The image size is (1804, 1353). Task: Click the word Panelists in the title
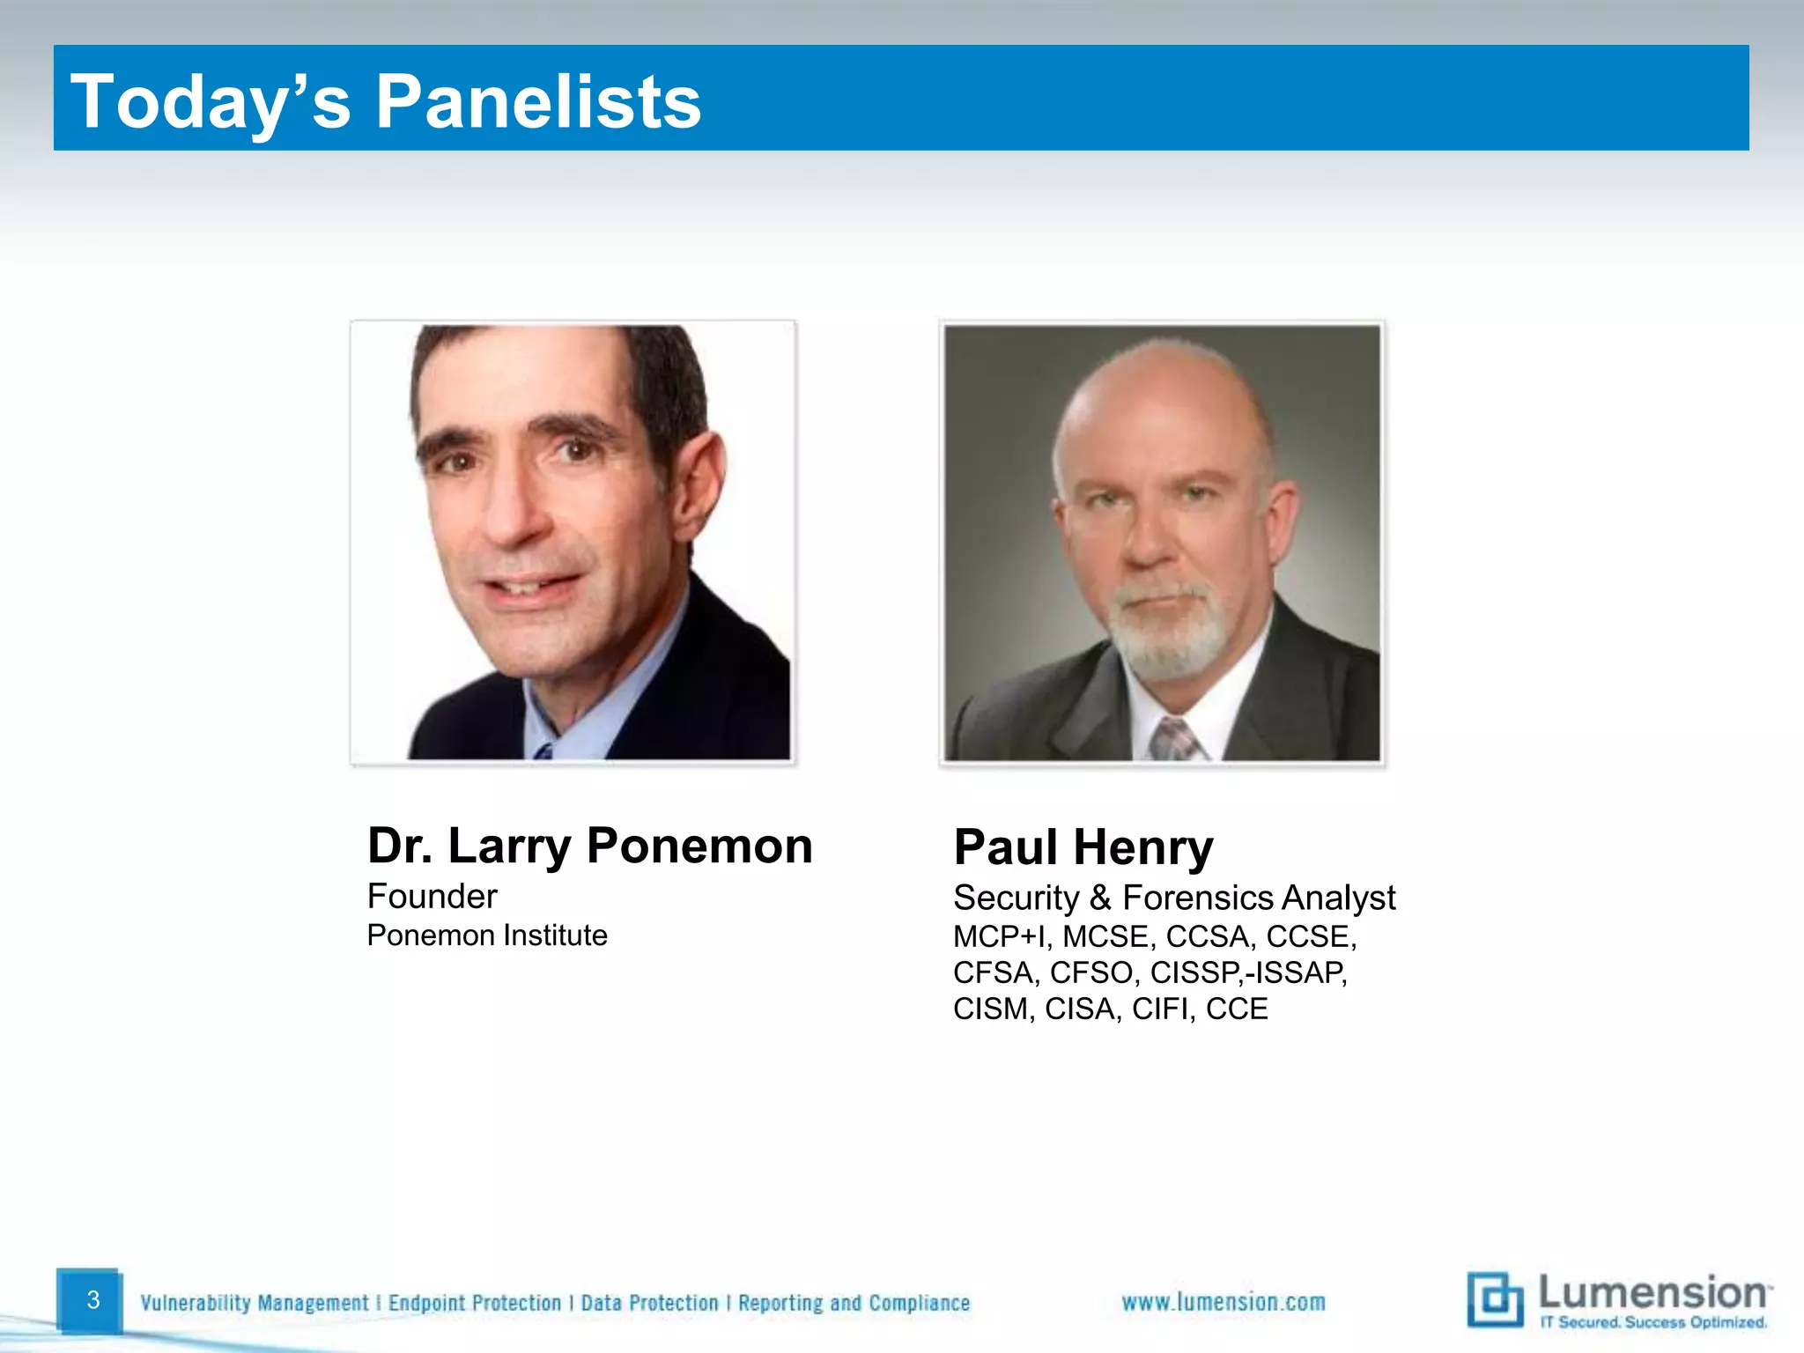pyautogui.click(x=538, y=101)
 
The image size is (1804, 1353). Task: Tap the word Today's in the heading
pyautogui.click(x=211, y=101)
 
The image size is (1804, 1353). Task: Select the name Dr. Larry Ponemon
pyautogui.click(x=589, y=846)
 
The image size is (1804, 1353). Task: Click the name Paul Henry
pyautogui.click(x=1083, y=847)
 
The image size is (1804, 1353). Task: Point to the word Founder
pyautogui.click(x=432, y=897)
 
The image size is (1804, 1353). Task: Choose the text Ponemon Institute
pyautogui.click(x=487, y=935)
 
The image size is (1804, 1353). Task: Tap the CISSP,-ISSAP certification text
pyautogui.click(x=1248, y=972)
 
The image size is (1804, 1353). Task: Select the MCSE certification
pyautogui.click(x=1105, y=936)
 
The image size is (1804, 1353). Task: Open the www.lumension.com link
pyautogui.click(x=1223, y=1302)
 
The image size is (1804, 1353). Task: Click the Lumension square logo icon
pyautogui.click(x=1494, y=1299)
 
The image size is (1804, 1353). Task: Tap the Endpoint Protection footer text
pyautogui.click(x=475, y=1303)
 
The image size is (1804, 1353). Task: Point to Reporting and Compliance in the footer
pyautogui.click(x=854, y=1303)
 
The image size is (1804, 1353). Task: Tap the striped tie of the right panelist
pyautogui.click(x=1174, y=739)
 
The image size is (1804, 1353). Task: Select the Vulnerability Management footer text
pyautogui.click(x=255, y=1303)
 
